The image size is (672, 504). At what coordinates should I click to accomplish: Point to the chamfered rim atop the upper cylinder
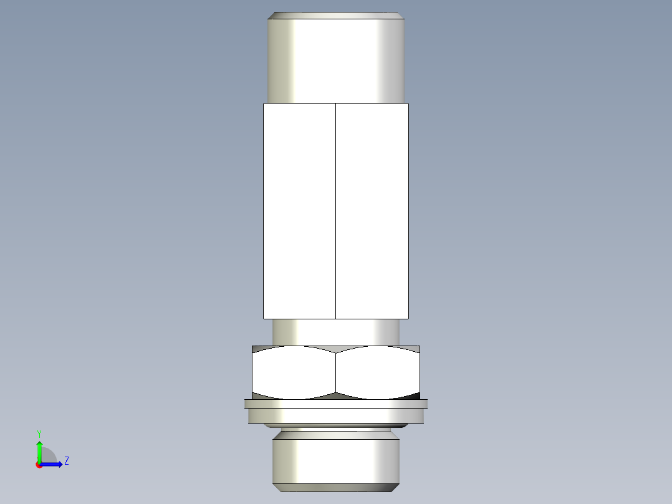(x=336, y=15)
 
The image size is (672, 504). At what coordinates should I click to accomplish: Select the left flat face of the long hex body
(x=299, y=211)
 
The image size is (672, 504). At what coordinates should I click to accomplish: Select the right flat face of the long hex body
(x=372, y=211)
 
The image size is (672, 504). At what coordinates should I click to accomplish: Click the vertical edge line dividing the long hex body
(x=335, y=211)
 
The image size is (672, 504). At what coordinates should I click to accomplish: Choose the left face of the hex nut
(x=294, y=372)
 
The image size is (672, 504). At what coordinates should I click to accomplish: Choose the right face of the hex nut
(x=378, y=372)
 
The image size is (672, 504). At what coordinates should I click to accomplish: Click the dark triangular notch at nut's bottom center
(x=336, y=395)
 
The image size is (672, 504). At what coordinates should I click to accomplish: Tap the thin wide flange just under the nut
(x=336, y=404)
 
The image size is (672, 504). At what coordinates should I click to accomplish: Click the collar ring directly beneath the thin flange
(x=336, y=415)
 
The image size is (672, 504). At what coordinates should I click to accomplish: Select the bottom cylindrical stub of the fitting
(x=336, y=460)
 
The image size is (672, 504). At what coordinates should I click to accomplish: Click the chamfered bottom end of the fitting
(x=336, y=487)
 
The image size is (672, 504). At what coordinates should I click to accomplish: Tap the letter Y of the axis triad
(x=39, y=433)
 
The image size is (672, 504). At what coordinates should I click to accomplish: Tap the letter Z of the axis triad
(x=66, y=461)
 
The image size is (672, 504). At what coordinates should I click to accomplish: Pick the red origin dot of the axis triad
(x=39, y=465)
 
